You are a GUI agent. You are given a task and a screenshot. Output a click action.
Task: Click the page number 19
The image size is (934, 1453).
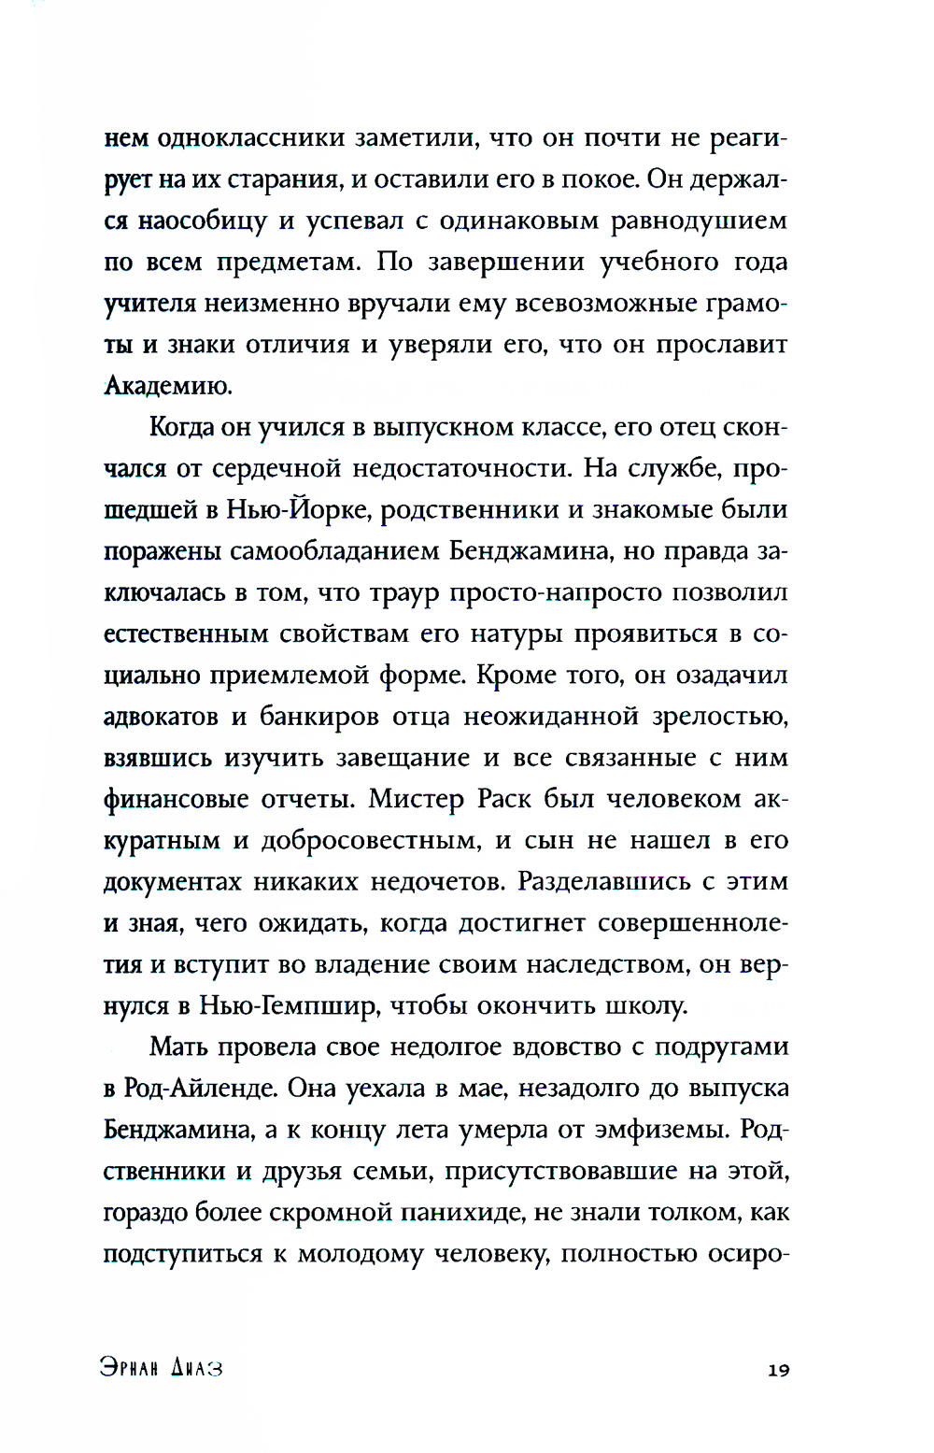pyautogui.click(x=778, y=1370)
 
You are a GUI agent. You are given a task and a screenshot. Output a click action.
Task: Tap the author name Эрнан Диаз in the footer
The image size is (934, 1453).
pyautogui.click(x=162, y=1369)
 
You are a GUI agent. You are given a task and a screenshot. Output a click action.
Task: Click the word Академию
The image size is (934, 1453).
pyautogui.click(x=167, y=386)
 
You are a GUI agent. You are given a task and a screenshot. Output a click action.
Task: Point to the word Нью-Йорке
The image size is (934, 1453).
pyautogui.click(x=299, y=510)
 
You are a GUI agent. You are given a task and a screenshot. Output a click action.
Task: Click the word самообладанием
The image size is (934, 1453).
pyautogui.click(x=334, y=551)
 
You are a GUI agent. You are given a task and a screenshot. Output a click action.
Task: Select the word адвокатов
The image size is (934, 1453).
pyautogui.click(x=162, y=717)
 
